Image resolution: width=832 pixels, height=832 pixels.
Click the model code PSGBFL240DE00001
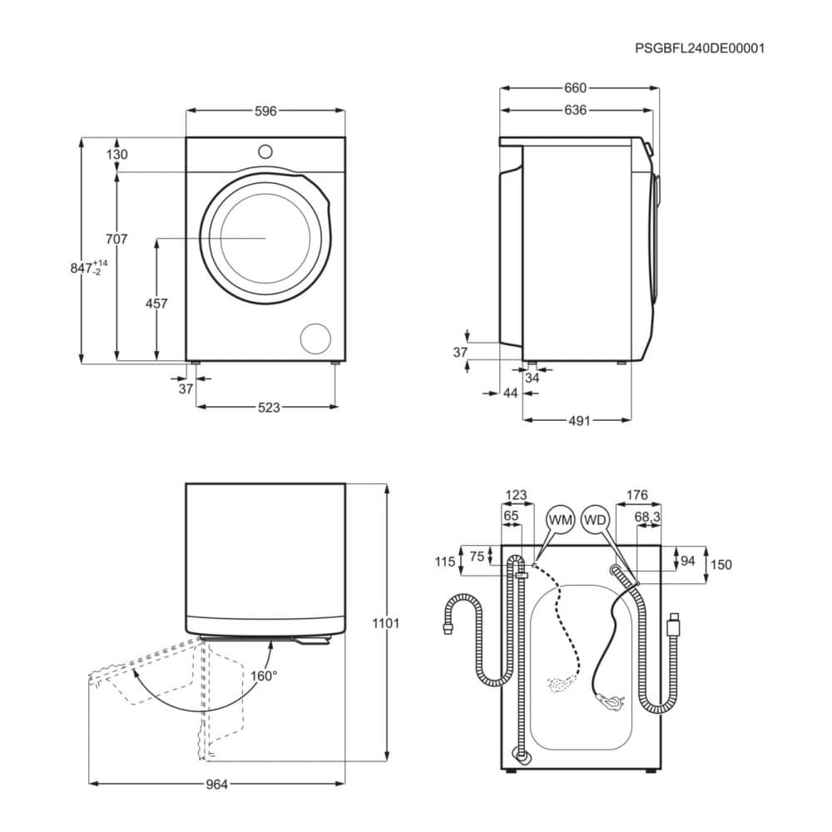pyautogui.click(x=700, y=48)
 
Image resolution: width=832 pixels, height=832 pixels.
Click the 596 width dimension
pyautogui.click(x=266, y=111)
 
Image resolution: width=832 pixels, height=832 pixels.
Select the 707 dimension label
pyautogui.click(x=116, y=240)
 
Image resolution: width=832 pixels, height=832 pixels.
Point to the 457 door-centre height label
pyautogui.click(x=156, y=304)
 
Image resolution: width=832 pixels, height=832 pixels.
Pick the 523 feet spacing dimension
pyautogui.click(x=269, y=408)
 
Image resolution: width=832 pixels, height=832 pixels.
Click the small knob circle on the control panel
pyautogui.click(x=265, y=151)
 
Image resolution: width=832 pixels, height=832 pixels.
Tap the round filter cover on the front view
pyautogui.click(x=315, y=339)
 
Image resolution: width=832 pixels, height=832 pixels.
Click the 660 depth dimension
pyautogui.click(x=576, y=87)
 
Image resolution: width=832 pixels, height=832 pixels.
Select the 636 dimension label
pyautogui.click(x=576, y=110)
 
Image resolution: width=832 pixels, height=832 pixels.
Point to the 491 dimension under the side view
pyautogui.click(x=579, y=421)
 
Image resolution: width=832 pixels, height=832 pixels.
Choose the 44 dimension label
pyautogui.click(x=510, y=394)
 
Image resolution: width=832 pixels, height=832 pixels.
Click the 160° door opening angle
pyautogui.click(x=264, y=676)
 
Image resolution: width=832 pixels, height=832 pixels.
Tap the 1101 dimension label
pyautogui.click(x=385, y=623)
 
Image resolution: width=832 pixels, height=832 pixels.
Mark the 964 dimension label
pyautogui.click(x=216, y=785)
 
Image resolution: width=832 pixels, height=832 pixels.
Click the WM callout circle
pyautogui.click(x=560, y=519)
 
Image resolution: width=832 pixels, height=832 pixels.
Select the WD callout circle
pyautogui.click(x=596, y=519)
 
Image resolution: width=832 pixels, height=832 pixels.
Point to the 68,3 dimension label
pyautogui.click(x=647, y=517)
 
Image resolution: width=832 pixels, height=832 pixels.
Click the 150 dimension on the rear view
pyautogui.click(x=721, y=565)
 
